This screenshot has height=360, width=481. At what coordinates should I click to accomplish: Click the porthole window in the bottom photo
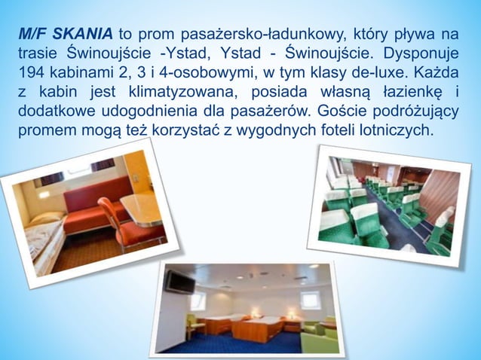pos(309,298)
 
